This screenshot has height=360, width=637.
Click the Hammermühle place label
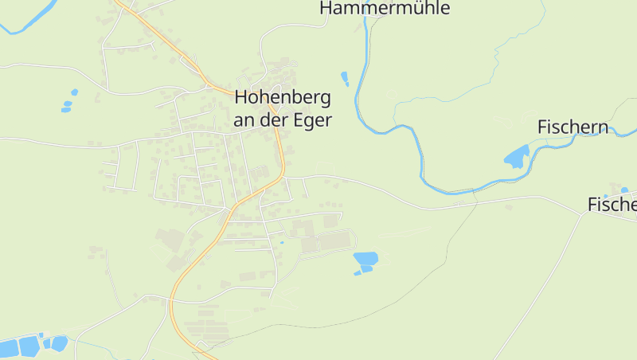pyautogui.click(x=385, y=8)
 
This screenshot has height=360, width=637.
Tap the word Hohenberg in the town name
pyautogui.click(x=282, y=98)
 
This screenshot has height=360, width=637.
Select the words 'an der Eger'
pyautogui.click(x=282, y=119)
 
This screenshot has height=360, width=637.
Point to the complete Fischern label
pyautogui.click(x=573, y=127)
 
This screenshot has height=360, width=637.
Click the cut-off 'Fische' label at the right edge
pyautogui.click(x=612, y=205)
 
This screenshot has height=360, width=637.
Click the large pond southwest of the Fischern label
pyautogui.click(x=516, y=157)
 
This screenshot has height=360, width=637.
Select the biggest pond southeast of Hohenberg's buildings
pyautogui.click(x=365, y=258)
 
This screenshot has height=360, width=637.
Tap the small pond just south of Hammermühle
pyautogui.click(x=345, y=77)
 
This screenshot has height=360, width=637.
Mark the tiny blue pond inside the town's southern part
pyautogui.click(x=281, y=242)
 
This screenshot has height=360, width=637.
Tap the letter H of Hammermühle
pyautogui.click(x=326, y=8)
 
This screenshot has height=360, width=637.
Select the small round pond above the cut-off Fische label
pyautogui.click(x=624, y=190)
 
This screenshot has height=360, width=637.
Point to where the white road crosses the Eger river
pyautogui.click(x=475, y=191)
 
